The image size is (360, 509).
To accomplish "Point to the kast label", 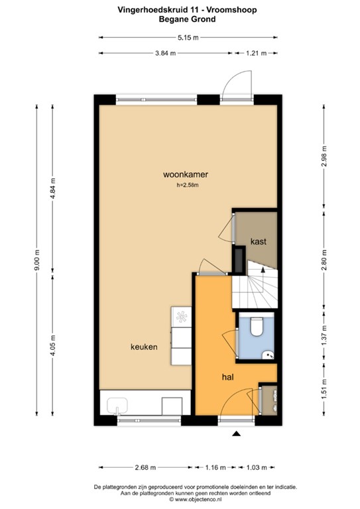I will [258, 241].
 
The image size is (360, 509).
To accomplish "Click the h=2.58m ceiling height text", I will [188, 186].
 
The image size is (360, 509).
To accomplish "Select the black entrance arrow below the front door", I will [237, 434].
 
